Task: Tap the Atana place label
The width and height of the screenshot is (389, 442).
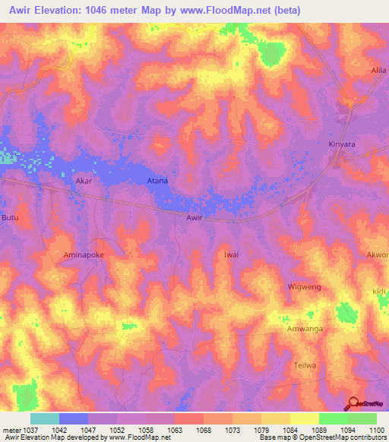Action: click(157, 182)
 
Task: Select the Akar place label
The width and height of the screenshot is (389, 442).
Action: click(84, 182)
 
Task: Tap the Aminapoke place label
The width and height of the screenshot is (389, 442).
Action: click(83, 255)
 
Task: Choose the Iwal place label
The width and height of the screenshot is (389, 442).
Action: click(231, 254)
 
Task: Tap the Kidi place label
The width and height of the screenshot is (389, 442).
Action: click(380, 292)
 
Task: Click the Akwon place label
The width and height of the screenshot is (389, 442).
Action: click(378, 254)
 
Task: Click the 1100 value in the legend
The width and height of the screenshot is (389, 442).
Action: click(375, 429)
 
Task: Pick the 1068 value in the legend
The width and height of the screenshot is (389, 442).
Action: click(204, 429)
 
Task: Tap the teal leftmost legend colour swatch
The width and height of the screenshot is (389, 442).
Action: click(44, 418)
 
